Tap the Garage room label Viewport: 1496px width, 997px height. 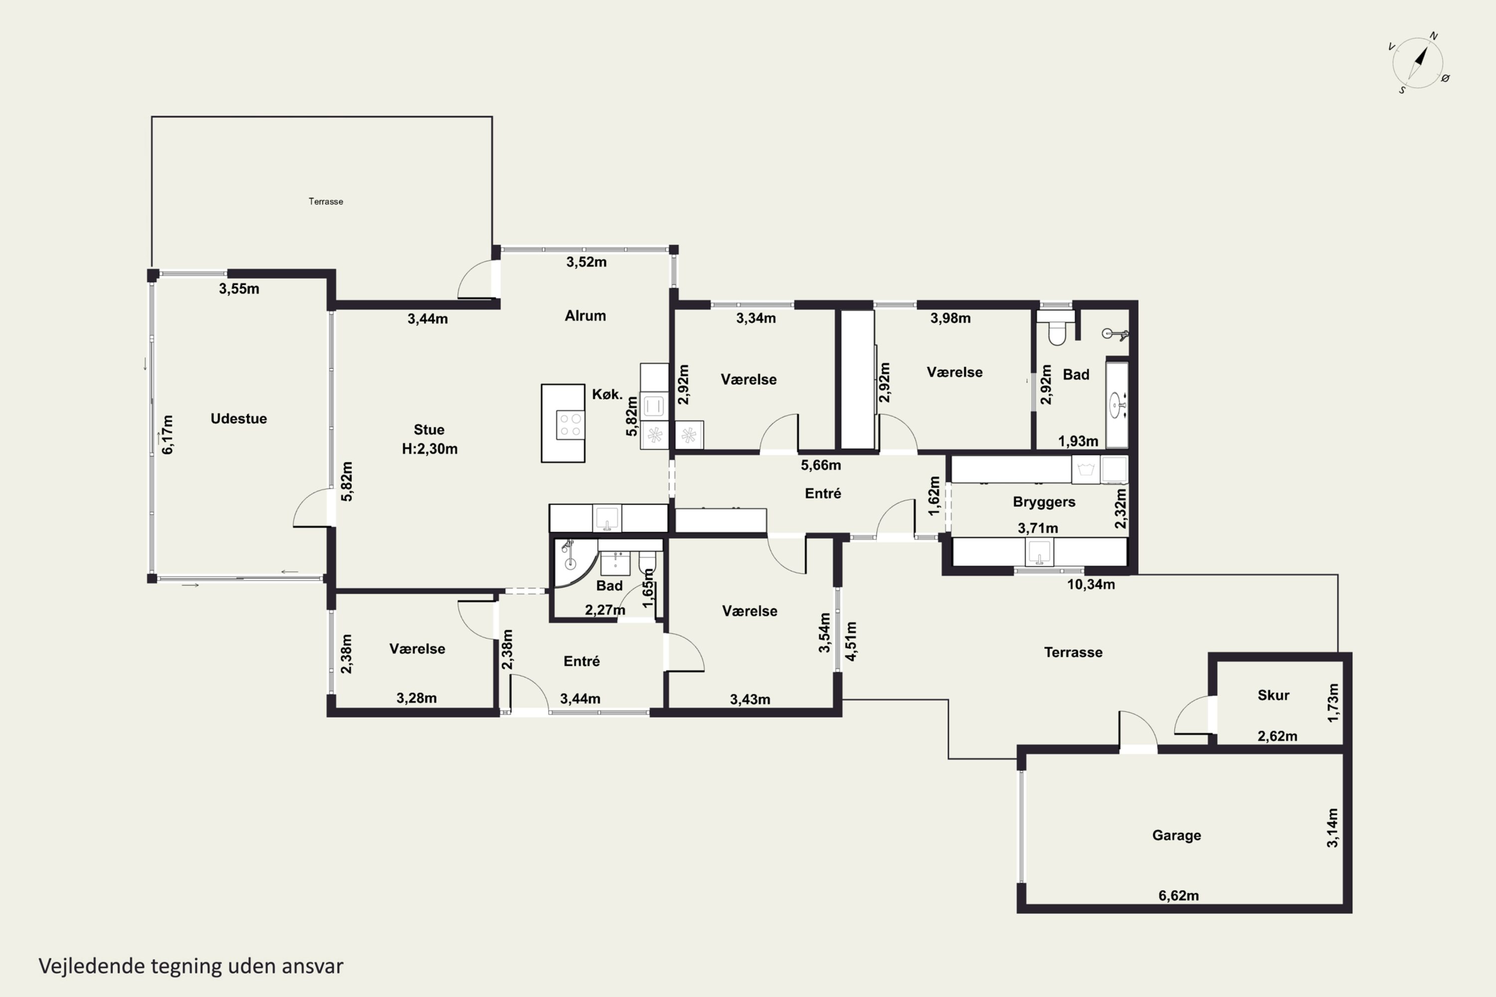1177,835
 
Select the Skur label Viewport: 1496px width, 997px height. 1274,695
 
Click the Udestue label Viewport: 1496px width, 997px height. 238,418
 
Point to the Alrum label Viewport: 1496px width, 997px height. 585,316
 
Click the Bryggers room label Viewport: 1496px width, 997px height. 1044,501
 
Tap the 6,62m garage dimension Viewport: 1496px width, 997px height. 1179,895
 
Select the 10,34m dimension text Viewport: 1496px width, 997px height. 1091,584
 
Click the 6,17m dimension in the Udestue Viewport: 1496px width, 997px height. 167,434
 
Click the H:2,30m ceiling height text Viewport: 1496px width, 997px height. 429,449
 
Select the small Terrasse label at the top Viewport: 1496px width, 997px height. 326,201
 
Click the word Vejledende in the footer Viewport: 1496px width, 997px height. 92,967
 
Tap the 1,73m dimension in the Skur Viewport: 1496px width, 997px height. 1333,702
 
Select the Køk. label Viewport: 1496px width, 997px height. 607,394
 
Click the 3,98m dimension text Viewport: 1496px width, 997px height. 950,318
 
